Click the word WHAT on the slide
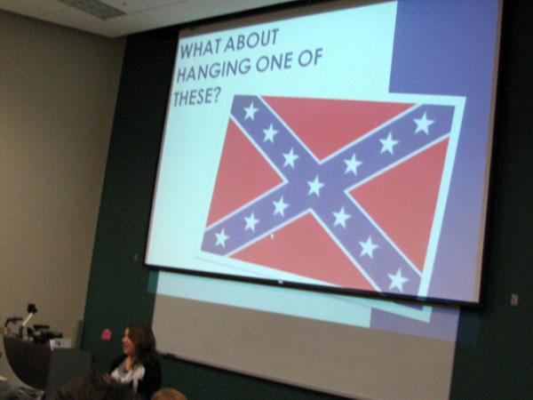[x=201, y=48]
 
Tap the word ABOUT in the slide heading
[x=251, y=40]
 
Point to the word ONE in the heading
[x=274, y=62]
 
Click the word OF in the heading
[x=310, y=58]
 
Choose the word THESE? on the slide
[x=195, y=97]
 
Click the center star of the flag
[x=315, y=186]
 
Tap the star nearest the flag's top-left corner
[x=251, y=111]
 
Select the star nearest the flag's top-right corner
[x=423, y=123]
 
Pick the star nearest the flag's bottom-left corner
[x=221, y=237]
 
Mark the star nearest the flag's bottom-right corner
[x=397, y=280]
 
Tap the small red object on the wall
[x=107, y=335]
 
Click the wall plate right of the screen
[x=515, y=300]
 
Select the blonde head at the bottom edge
[x=169, y=395]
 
